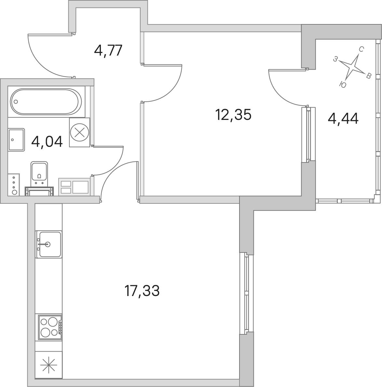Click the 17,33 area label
142,291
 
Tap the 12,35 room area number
233,115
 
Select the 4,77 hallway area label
108,51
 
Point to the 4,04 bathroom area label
47,142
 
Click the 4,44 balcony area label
343,119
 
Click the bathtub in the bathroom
46,101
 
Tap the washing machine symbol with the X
79,133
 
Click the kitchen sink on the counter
49,244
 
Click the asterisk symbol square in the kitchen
48,365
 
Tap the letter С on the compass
361,50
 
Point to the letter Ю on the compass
343,85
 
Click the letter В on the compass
368,76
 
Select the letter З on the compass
335,59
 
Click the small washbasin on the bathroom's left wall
16,140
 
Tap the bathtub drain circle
16,102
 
